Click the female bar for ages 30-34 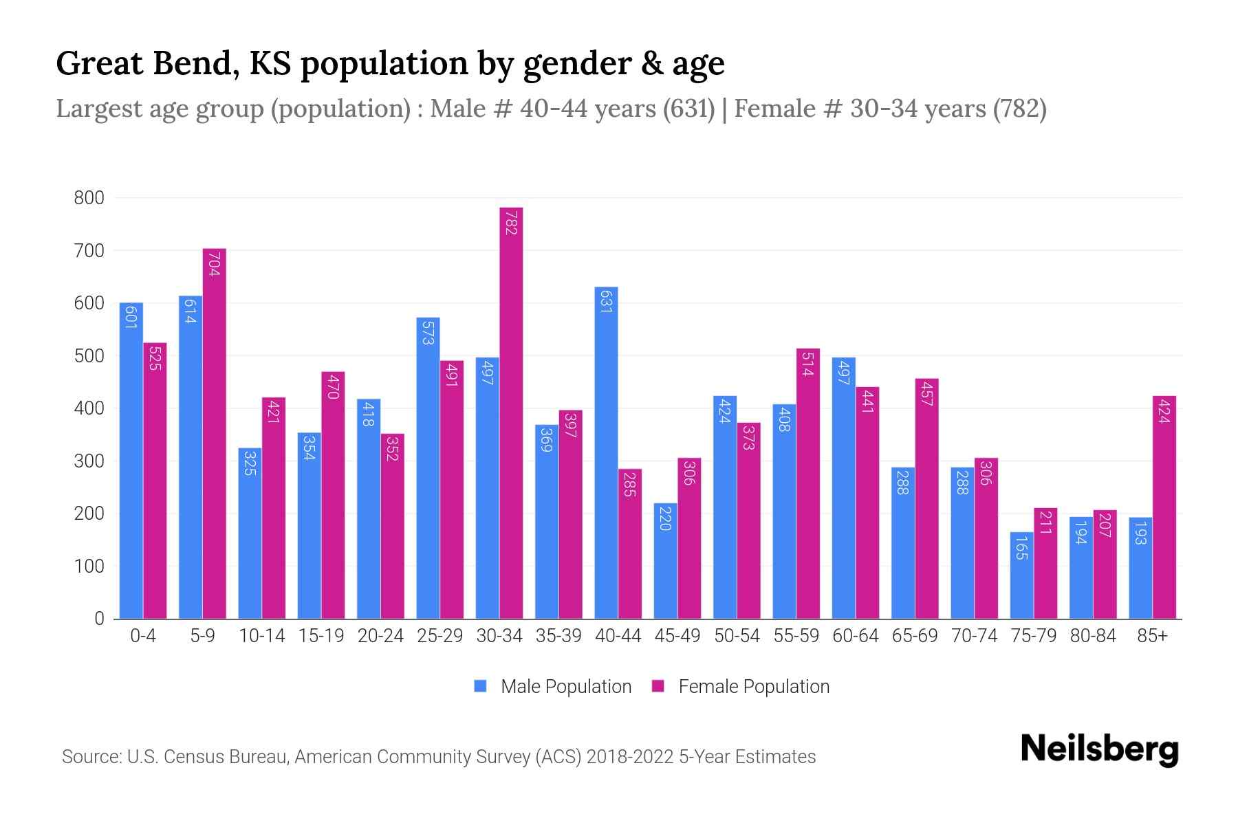point(511,412)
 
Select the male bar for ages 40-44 point(606,454)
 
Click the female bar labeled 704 point(214,433)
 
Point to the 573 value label point(428,331)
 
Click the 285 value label point(630,483)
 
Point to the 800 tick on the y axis point(89,198)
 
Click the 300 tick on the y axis point(89,461)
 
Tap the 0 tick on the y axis point(99,619)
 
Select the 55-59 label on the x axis point(796,636)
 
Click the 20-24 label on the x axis point(380,636)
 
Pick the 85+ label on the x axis point(1152,636)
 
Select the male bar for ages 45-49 point(665,561)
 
